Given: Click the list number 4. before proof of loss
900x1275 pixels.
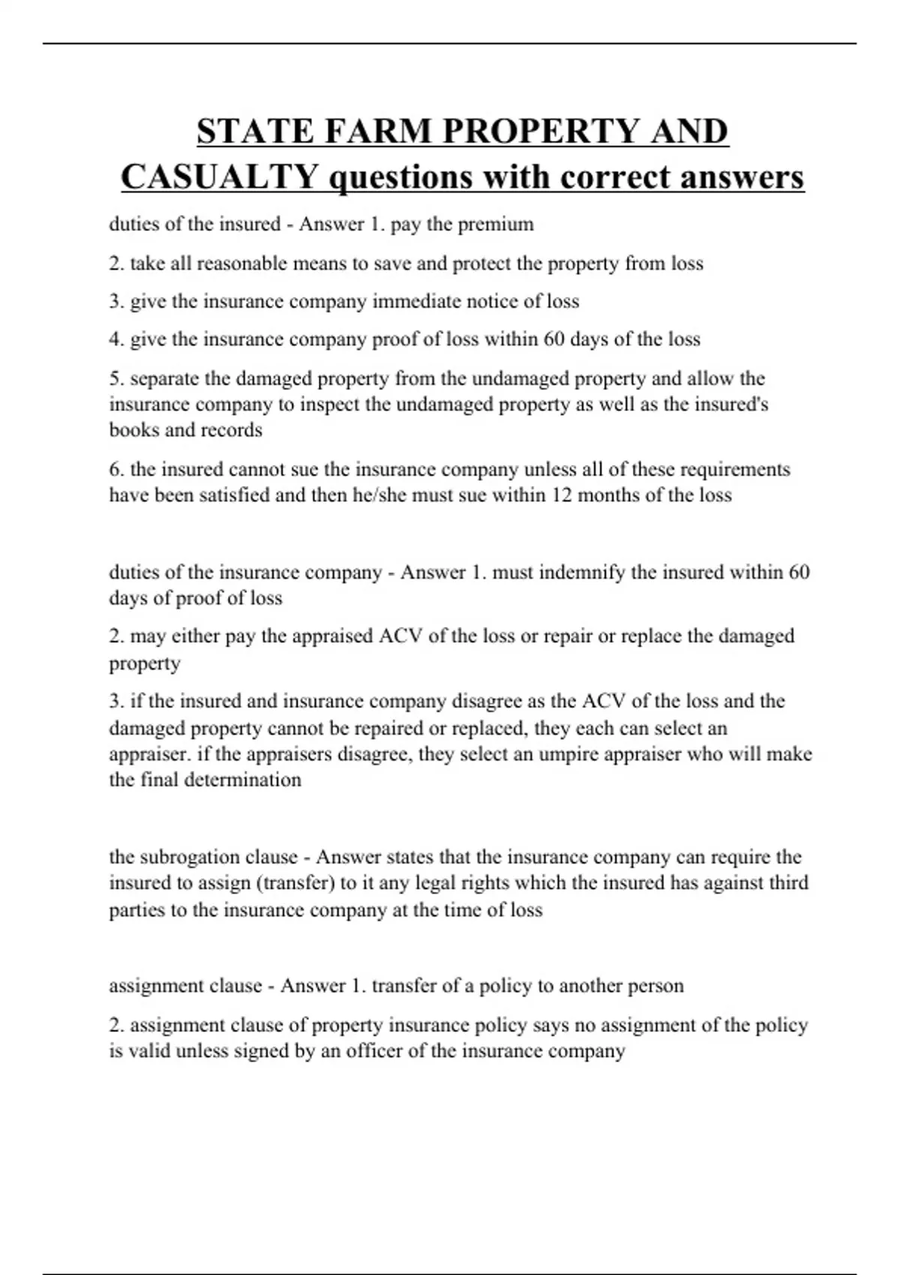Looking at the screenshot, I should coord(116,339).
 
